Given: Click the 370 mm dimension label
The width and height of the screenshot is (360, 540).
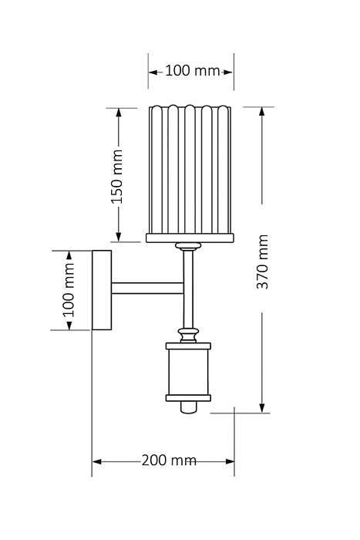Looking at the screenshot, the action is point(263,262).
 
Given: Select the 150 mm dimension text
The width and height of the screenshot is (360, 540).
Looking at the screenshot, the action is point(117,177).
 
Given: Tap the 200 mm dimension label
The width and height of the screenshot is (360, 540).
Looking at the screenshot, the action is point(169,460).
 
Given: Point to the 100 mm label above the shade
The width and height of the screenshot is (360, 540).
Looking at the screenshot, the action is point(193,71).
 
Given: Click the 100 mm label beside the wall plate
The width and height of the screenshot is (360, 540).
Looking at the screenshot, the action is point(68,290).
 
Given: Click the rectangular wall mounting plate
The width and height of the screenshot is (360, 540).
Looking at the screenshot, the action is point(102,290).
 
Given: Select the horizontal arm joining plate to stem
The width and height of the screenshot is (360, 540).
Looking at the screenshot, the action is point(148,289).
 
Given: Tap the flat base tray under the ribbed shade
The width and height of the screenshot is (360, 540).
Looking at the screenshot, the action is point(190,238).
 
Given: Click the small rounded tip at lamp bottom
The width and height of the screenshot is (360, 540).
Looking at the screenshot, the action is point(188,407).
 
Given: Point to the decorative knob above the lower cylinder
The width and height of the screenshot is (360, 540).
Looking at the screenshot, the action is point(188,335).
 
